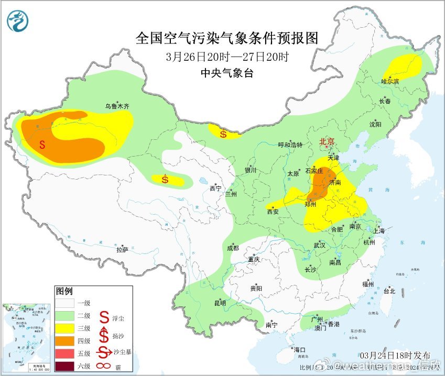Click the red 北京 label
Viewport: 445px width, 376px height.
point(327,141)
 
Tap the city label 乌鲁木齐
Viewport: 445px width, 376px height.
point(117,106)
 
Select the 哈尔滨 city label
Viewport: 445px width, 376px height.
point(390,81)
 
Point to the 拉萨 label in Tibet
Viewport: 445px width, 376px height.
point(122,250)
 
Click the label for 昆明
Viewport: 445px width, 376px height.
point(219,303)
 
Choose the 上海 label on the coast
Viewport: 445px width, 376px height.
point(378,231)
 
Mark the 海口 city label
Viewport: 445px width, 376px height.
point(299,350)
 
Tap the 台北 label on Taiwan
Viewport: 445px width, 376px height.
point(388,291)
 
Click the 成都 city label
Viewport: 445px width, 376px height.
point(233,248)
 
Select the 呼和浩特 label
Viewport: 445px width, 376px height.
point(290,145)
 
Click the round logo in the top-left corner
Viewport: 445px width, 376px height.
point(18,20)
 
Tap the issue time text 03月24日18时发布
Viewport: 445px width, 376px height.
point(395,355)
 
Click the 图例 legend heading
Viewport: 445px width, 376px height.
point(64,291)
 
